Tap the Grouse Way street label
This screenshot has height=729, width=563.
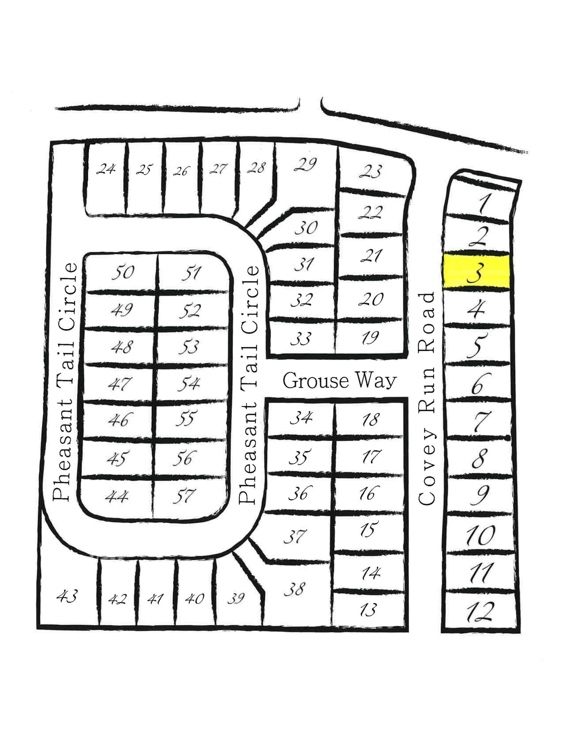click(339, 381)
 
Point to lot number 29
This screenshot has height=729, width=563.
click(305, 165)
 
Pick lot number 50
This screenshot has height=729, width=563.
click(123, 272)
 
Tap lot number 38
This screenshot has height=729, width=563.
click(294, 589)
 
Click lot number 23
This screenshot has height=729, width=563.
click(371, 171)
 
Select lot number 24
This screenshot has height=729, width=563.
click(106, 169)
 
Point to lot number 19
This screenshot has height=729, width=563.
click(371, 338)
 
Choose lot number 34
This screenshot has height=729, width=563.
click(301, 418)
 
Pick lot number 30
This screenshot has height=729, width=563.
click(306, 228)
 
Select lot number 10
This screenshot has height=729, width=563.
click(480, 535)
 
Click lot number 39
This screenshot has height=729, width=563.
click(236, 599)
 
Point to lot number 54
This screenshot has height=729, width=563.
click(189, 384)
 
